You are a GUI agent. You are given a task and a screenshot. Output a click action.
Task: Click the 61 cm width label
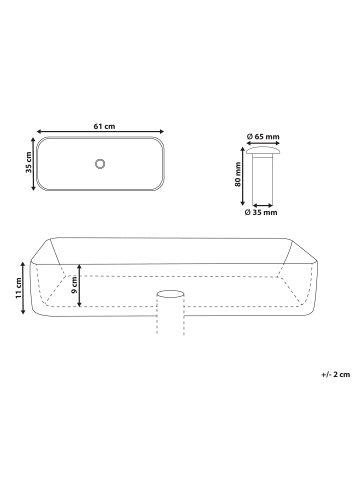[x=104, y=126]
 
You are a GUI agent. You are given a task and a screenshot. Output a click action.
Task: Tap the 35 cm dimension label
[x=29, y=162]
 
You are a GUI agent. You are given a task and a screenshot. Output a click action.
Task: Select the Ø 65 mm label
[x=263, y=136]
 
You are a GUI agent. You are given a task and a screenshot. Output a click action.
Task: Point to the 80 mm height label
[x=238, y=174]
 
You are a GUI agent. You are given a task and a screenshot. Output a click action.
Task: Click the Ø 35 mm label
[x=261, y=212]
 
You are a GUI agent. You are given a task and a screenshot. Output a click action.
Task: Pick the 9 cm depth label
[x=74, y=285]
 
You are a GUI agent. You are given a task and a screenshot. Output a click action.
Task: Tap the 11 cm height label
[x=18, y=288]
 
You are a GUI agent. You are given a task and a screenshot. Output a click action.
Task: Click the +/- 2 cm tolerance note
[x=336, y=374]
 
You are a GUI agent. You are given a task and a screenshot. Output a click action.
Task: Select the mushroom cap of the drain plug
[x=263, y=151]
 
